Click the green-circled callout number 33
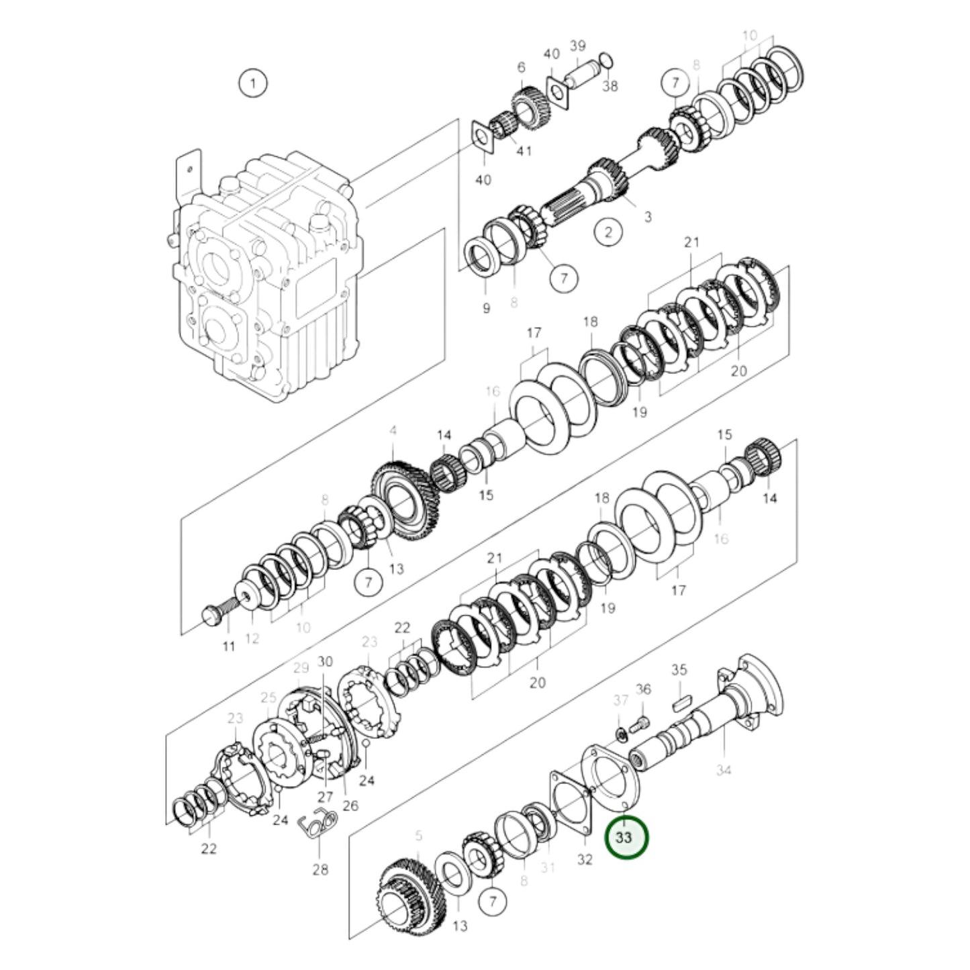(x=626, y=838)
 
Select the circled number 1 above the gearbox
(x=252, y=84)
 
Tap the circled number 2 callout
(x=608, y=232)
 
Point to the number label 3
(x=647, y=217)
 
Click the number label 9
(x=486, y=308)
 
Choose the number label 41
(x=524, y=151)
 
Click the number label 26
(x=350, y=806)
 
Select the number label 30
(x=325, y=661)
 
